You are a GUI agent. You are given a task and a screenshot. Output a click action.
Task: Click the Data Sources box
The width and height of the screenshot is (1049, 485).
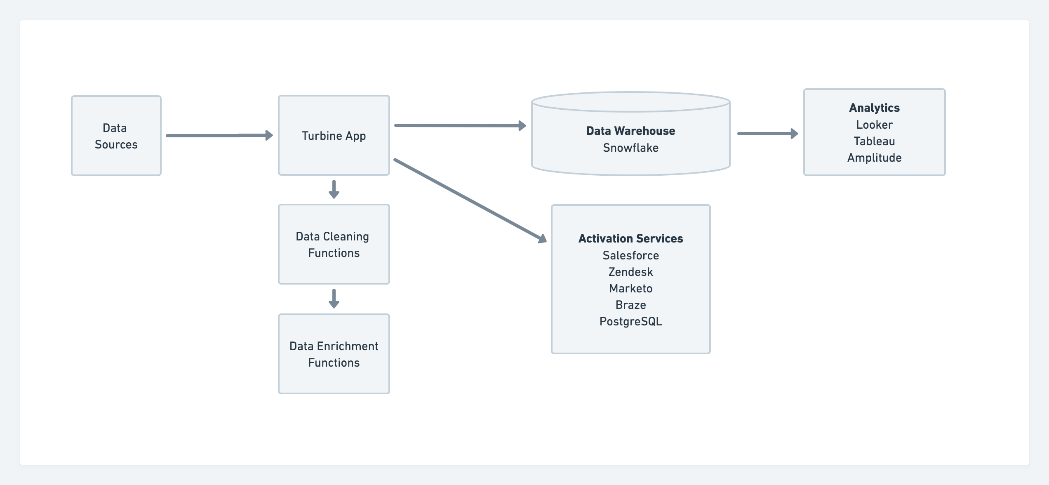(116, 136)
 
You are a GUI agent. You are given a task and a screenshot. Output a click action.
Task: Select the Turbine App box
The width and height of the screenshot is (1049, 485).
(334, 136)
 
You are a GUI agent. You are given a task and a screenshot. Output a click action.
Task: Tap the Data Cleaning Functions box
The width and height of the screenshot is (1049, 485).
(334, 244)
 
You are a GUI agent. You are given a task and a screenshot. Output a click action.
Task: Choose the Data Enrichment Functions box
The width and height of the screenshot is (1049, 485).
(334, 354)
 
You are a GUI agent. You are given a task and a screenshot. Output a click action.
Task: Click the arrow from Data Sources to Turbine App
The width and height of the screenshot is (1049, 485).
(219, 135)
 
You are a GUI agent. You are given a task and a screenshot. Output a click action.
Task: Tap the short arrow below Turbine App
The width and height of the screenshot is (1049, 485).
(334, 189)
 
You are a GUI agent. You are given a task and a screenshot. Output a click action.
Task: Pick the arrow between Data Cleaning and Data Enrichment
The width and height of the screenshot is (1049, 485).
(334, 299)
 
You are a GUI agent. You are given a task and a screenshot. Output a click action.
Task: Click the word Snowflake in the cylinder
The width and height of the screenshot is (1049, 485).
(630, 148)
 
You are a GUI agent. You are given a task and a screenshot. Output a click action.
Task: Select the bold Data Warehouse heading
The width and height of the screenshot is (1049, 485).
(630, 131)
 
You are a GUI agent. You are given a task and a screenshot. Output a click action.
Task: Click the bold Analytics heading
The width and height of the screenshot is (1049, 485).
(874, 108)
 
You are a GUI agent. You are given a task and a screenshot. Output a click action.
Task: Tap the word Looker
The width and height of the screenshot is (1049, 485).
(874, 125)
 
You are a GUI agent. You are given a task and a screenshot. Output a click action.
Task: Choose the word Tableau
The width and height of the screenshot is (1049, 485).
(874, 141)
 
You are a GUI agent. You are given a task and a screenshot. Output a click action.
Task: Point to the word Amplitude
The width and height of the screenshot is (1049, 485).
(874, 158)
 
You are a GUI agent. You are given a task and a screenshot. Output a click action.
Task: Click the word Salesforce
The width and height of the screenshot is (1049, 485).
(630, 255)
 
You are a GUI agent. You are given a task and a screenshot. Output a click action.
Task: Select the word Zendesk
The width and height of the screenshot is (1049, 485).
(630, 272)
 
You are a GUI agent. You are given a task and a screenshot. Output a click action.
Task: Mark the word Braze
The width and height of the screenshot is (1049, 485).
(630, 305)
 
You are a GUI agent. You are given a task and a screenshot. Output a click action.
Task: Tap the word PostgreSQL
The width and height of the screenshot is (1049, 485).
(630, 321)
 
